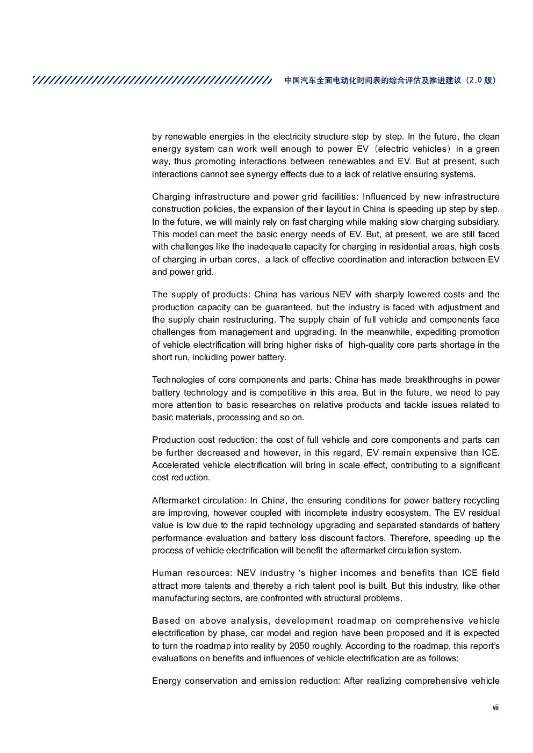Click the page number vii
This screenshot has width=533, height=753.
pyautogui.click(x=495, y=708)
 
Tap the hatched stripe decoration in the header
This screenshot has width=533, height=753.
pyautogui.click(x=152, y=80)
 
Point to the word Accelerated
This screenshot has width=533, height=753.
pyautogui.click(x=176, y=465)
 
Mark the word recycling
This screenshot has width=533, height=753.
pyautogui.click(x=480, y=501)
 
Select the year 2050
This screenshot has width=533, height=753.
pyautogui.click(x=300, y=646)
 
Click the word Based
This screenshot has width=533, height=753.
pyautogui.click(x=165, y=621)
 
